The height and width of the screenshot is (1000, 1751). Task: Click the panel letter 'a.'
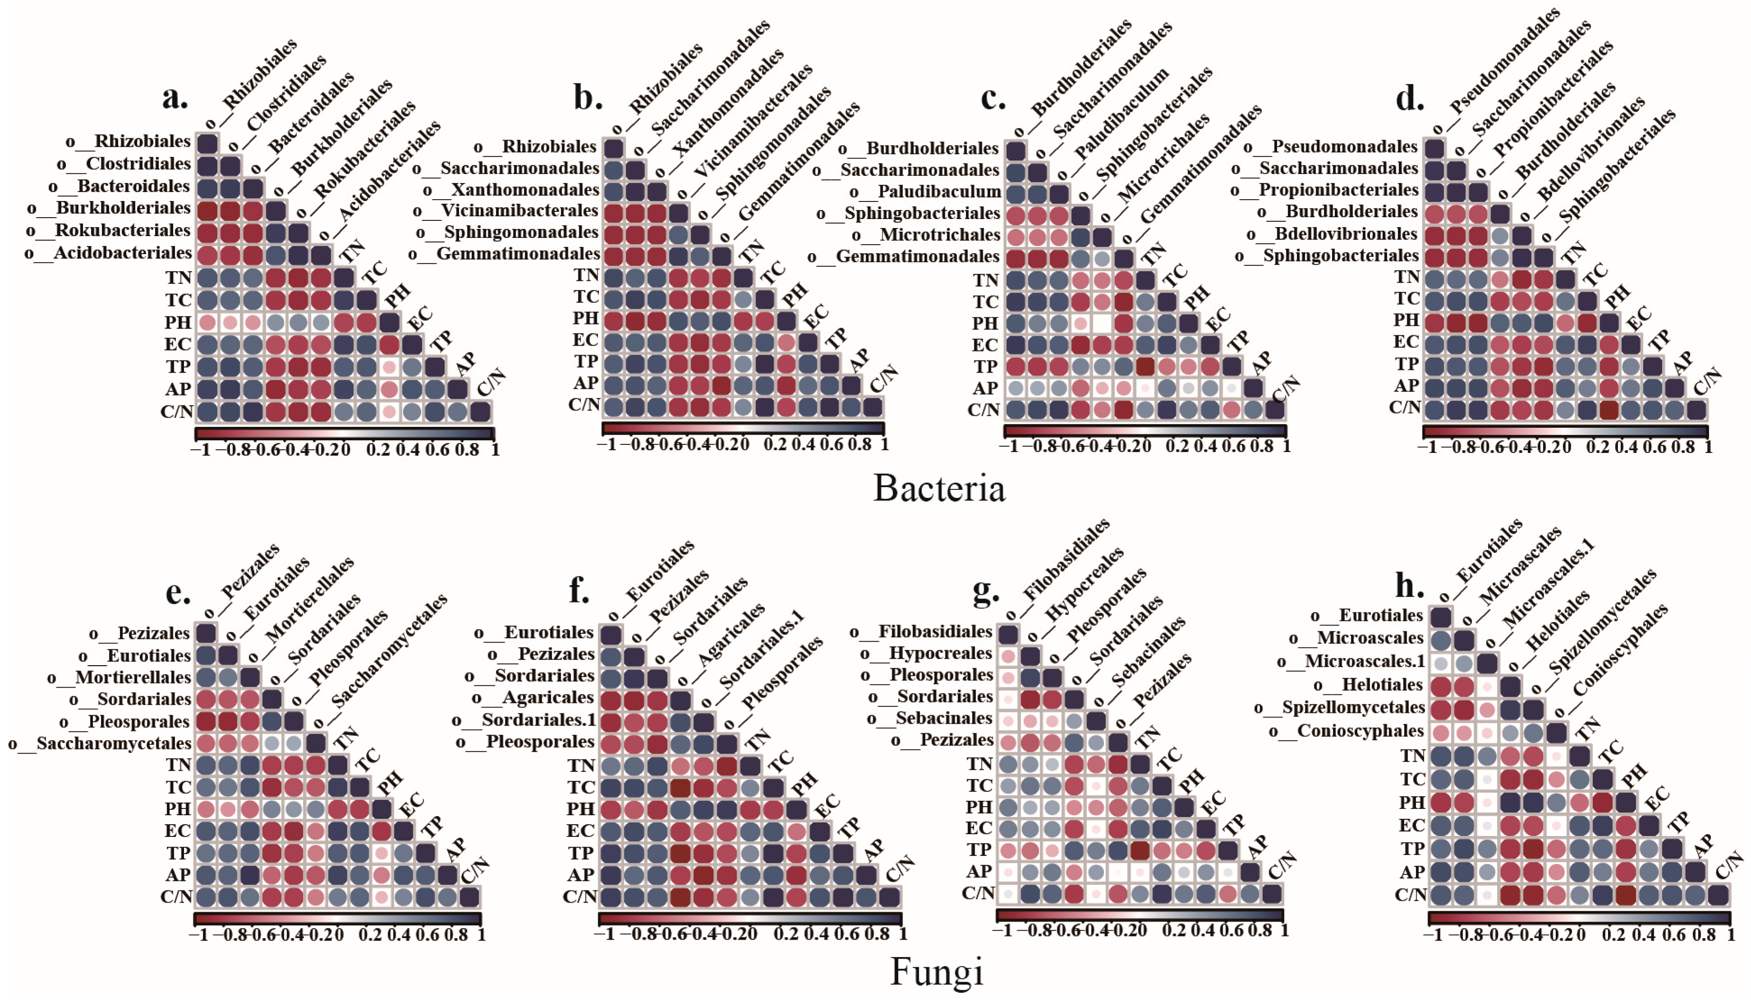coord(174,97)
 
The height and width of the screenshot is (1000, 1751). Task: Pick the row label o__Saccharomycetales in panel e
coord(100,744)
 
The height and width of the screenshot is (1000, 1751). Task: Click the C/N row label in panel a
coord(177,412)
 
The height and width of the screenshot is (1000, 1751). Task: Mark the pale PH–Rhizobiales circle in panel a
coord(207,322)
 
